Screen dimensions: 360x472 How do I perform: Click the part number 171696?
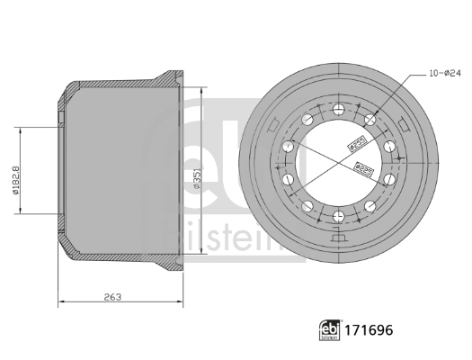(367, 332)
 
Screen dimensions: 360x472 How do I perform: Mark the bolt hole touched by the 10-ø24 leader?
(370, 120)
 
